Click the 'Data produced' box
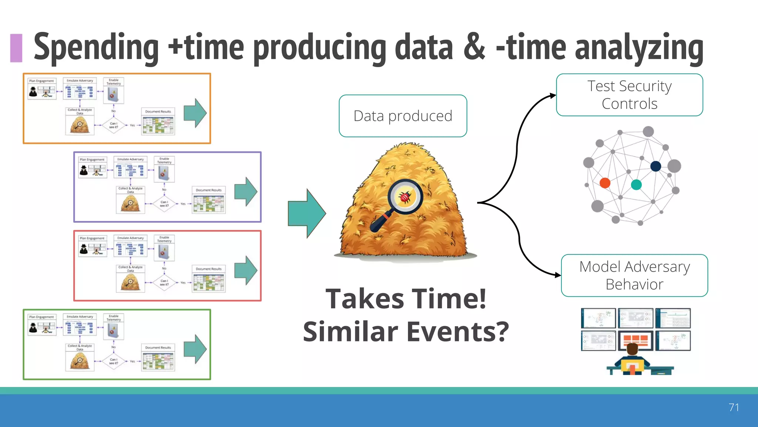point(403,116)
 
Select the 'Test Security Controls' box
point(629,95)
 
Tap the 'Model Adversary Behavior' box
point(634,275)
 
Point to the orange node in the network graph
point(605,183)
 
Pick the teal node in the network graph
point(636,185)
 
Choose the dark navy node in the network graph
point(655,166)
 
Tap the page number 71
point(734,407)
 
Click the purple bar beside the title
point(16,48)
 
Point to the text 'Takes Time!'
point(406,299)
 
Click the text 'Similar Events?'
point(406,331)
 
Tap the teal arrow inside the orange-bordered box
point(195,113)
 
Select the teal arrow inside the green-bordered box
point(195,349)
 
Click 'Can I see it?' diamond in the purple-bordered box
point(164,204)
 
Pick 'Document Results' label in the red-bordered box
point(209,269)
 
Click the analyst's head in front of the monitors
point(632,349)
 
